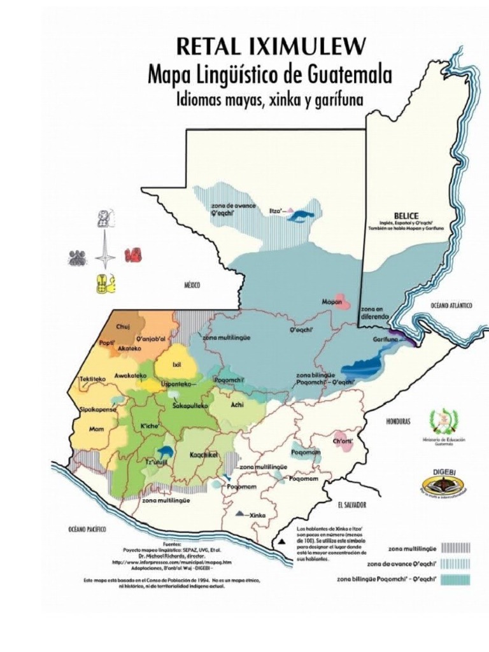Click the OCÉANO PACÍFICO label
point(87,529)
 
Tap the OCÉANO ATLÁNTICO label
point(451,306)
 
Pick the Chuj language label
point(122,327)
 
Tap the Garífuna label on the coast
point(386,340)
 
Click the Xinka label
point(257,515)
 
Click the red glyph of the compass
point(134,255)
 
